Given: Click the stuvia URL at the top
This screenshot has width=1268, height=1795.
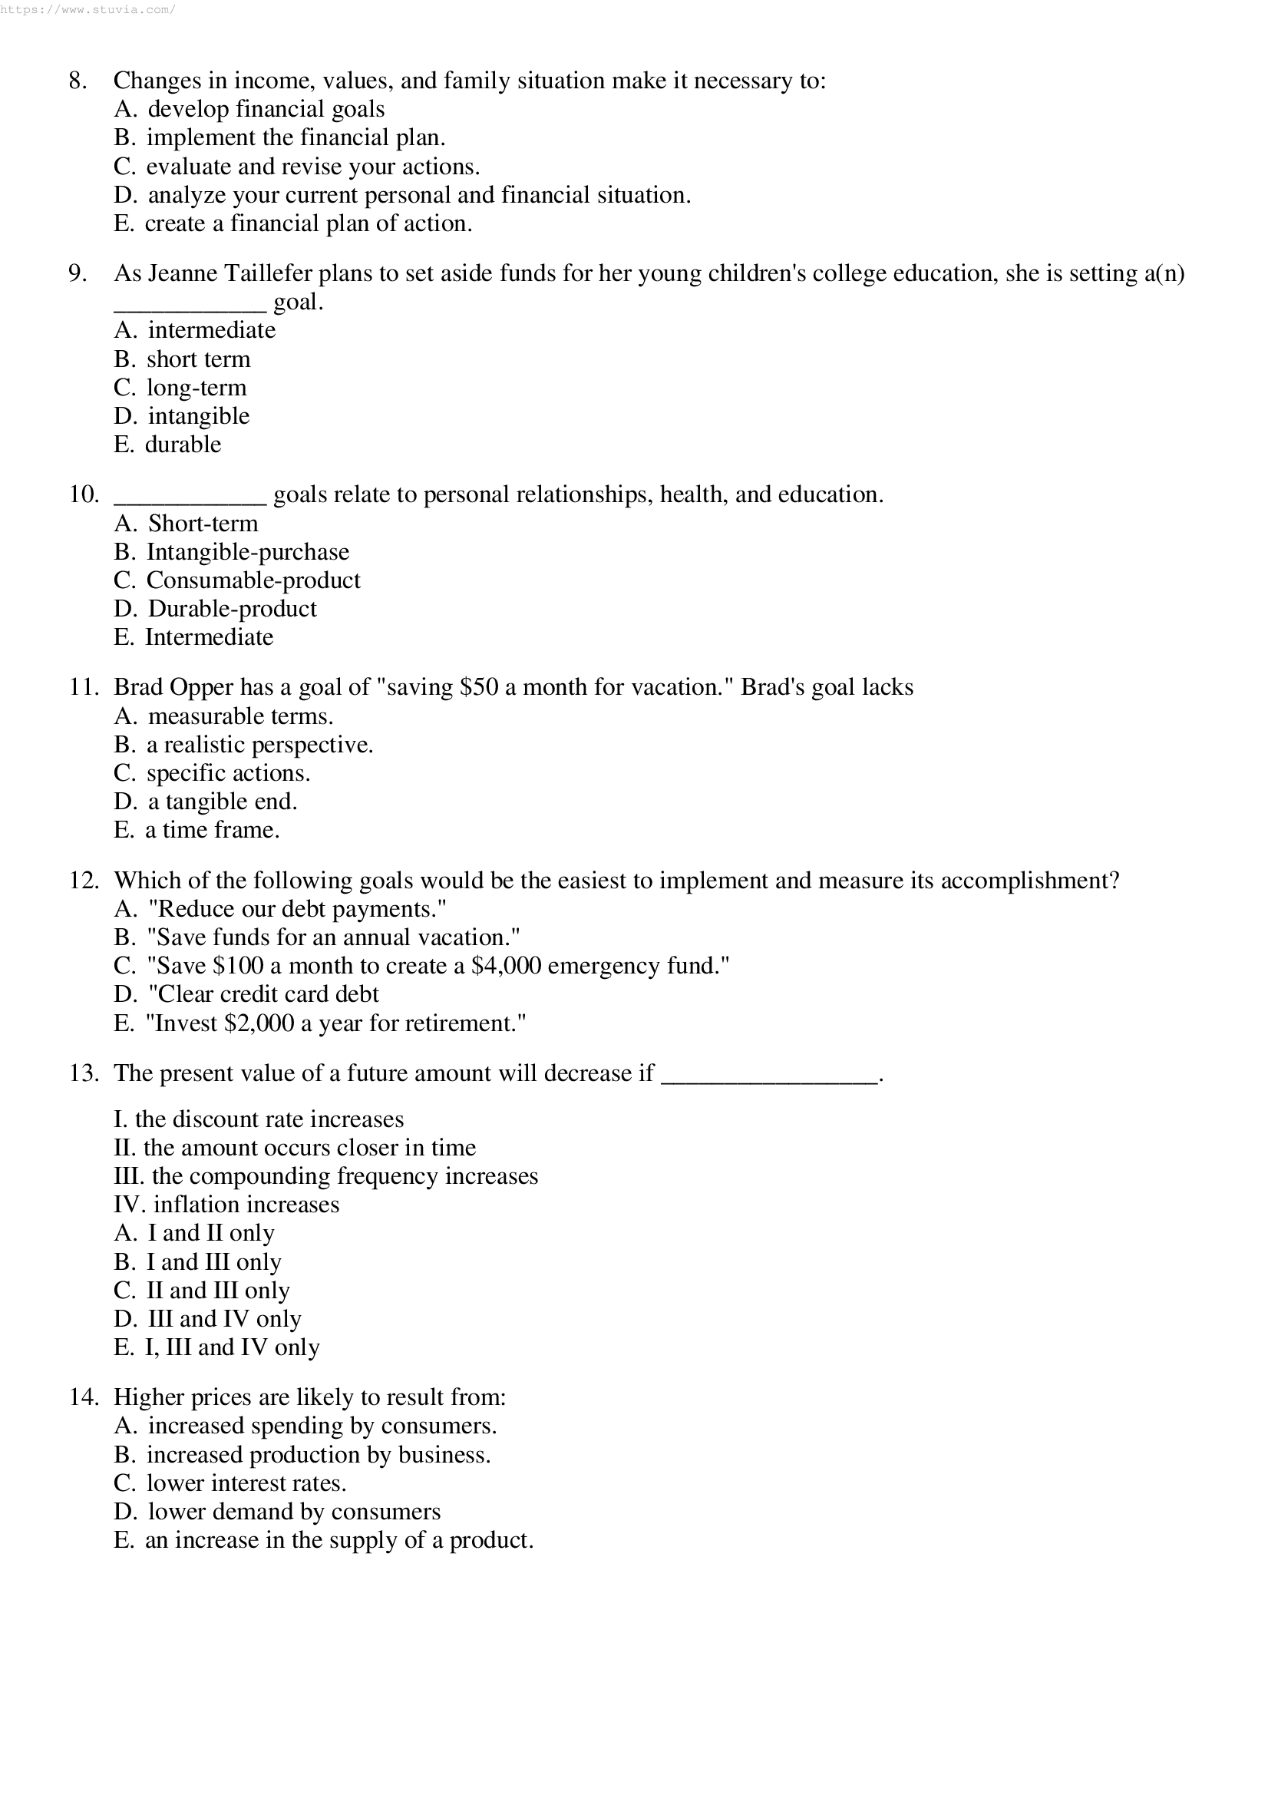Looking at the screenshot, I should pos(88,9).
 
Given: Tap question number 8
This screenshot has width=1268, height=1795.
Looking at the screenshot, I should pos(78,81).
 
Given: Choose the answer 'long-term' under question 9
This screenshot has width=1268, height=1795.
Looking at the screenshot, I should pos(196,388).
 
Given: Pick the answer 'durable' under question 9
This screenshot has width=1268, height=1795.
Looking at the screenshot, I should pos(183,445).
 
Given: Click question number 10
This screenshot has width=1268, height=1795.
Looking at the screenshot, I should pos(84,495).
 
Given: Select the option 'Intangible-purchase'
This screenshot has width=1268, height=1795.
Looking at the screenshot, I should pos(248,552).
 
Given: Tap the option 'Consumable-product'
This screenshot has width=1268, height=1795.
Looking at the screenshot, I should pos(253,581).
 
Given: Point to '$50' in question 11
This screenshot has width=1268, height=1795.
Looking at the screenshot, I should pos(479,687).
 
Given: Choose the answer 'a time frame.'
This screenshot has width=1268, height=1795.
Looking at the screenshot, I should pos(212,830).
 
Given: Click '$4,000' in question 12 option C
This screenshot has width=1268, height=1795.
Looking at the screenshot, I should pos(506,967).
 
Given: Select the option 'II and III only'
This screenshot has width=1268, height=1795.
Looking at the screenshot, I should pos(218,1291).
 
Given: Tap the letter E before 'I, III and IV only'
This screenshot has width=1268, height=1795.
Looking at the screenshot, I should pos(123,1348).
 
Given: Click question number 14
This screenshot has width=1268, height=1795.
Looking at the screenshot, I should pos(84,1398).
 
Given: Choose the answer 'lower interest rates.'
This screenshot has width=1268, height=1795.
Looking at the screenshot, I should pos(246,1484).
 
